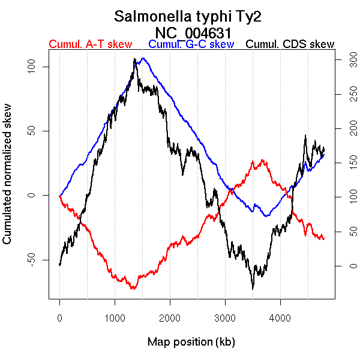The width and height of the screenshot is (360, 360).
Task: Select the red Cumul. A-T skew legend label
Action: coord(90,44)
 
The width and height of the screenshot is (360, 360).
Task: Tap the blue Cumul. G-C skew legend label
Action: coord(191,44)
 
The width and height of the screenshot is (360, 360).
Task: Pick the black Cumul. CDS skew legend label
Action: coord(290,44)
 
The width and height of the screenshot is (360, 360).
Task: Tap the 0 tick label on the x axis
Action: coord(59,318)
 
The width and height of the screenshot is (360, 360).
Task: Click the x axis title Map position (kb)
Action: coord(191,342)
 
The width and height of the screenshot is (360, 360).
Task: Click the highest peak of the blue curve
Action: coord(143,58)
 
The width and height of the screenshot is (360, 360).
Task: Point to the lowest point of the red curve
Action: coord(133,289)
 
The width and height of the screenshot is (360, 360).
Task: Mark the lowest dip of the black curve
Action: coord(253,289)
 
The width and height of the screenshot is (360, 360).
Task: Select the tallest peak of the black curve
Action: coord(135,59)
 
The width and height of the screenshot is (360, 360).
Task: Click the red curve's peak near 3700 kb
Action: coord(262,160)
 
